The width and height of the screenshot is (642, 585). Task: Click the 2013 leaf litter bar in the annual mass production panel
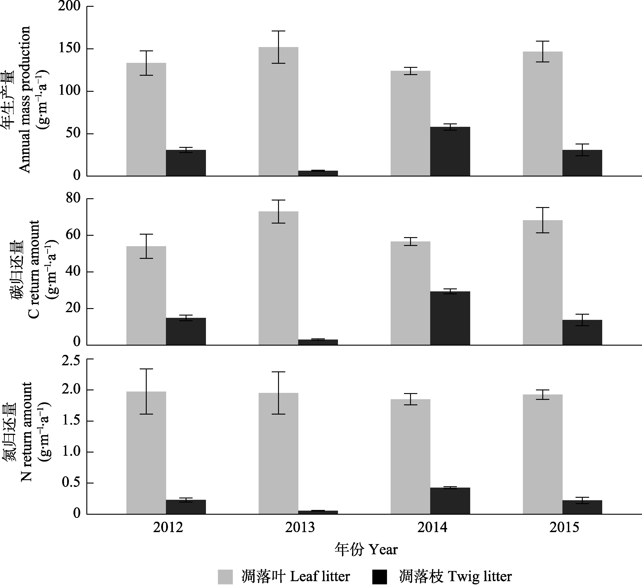(x=278, y=111)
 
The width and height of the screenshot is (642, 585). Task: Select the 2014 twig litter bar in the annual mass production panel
(x=450, y=151)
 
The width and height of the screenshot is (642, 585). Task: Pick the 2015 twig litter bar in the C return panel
(x=582, y=333)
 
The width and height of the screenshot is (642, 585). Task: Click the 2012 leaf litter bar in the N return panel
(x=146, y=453)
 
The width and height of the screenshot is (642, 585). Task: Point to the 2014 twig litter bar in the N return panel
(x=450, y=501)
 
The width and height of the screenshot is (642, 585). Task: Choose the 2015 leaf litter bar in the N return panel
(x=543, y=454)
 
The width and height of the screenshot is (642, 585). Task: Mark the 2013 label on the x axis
(x=300, y=527)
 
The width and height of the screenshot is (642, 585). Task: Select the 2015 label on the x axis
(x=564, y=527)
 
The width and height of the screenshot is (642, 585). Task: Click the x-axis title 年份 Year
(x=366, y=549)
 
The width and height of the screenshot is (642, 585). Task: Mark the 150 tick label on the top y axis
(x=69, y=49)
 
